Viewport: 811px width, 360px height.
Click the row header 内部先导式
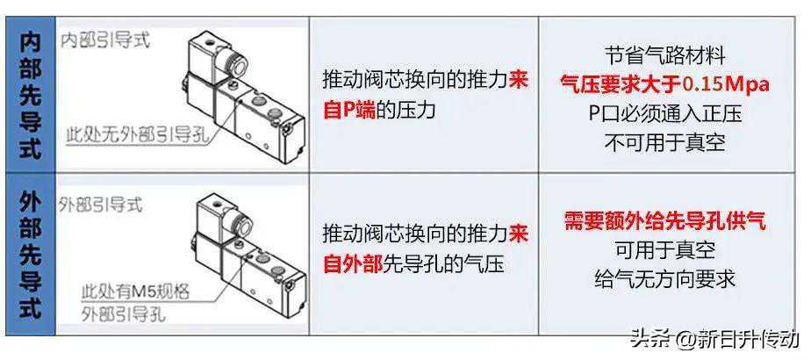coord(30,97)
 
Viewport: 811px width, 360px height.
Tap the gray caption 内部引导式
coord(105,41)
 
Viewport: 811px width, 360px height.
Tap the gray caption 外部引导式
coord(100,205)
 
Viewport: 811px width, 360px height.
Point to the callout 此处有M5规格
coord(135,292)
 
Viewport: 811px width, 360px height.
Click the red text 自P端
coord(349,110)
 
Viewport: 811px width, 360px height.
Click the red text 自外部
coord(353,264)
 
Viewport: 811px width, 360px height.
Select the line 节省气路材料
coord(665,56)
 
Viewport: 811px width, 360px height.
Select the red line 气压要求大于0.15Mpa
coord(665,84)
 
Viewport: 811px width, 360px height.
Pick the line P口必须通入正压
coord(665,113)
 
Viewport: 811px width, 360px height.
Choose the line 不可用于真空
coord(665,142)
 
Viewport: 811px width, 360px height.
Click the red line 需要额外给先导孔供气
coord(665,221)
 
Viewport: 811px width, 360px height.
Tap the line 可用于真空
coord(665,250)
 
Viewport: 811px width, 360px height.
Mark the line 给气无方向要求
coord(665,279)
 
